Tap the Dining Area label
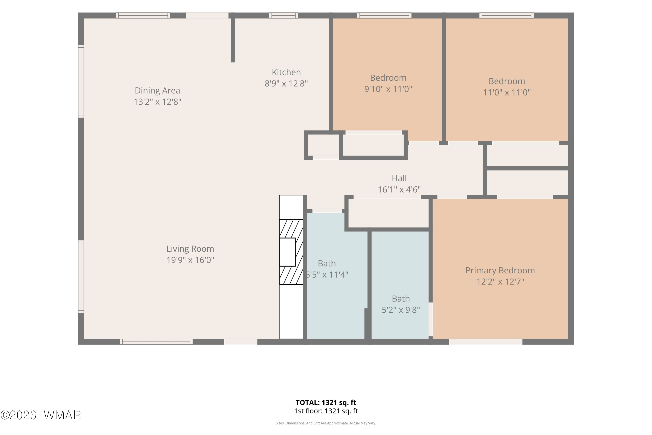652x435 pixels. tap(157, 90)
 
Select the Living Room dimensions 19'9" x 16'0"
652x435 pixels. tap(190, 260)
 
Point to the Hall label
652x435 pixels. tap(399, 178)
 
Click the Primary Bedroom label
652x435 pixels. tap(500, 271)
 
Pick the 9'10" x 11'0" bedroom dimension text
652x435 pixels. tap(388, 89)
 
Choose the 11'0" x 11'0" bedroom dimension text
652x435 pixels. tap(507, 92)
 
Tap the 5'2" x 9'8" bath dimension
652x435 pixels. tap(401, 310)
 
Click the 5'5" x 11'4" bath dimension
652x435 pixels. tap(327, 275)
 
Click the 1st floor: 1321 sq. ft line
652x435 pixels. tap(326, 411)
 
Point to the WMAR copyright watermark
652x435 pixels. tap(41, 415)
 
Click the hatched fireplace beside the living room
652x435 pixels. tap(291, 252)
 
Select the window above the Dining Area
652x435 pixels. tap(143, 15)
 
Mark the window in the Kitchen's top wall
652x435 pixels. tap(283, 15)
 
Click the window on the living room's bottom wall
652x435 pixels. tap(156, 342)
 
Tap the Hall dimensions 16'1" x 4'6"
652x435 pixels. tap(399, 189)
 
